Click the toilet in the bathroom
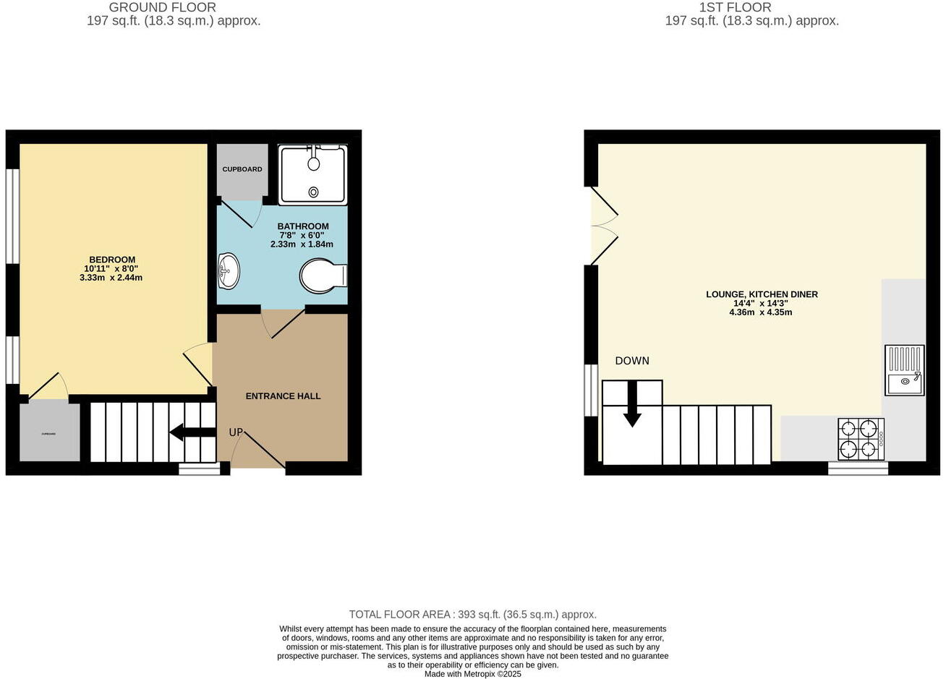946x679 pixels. pyautogui.click(x=323, y=276)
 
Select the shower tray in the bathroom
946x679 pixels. pyautogui.click(x=313, y=174)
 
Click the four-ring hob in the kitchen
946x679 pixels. pyautogui.click(x=861, y=439)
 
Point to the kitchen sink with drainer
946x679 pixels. pyautogui.click(x=904, y=370)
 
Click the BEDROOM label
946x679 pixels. pyautogui.click(x=112, y=260)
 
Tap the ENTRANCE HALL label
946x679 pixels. pyautogui.click(x=283, y=396)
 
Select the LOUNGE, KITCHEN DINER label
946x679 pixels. pyautogui.click(x=762, y=294)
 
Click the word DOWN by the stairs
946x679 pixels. pyautogui.click(x=632, y=361)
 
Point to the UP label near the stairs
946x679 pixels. pyautogui.click(x=236, y=432)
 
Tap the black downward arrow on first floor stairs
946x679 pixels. pyautogui.click(x=632, y=405)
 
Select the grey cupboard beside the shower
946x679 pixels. pyautogui.click(x=242, y=170)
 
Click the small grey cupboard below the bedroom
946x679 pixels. pyautogui.click(x=49, y=432)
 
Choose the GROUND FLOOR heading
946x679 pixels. pyautogui.click(x=163, y=7)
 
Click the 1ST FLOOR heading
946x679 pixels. pyautogui.click(x=735, y=7)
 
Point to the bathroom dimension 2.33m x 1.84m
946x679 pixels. pyautogui.click(x=302, y=244)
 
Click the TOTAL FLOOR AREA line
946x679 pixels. pyautogui.click(x=472, y=615)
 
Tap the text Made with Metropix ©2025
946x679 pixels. pyautogui.click(x=472, y=674)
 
